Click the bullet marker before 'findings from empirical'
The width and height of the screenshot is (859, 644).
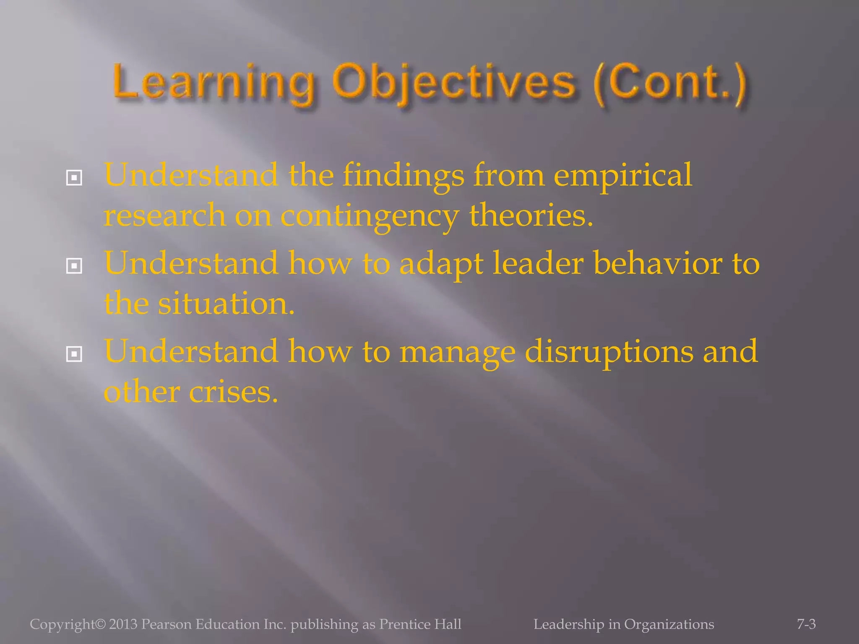click(74, 178)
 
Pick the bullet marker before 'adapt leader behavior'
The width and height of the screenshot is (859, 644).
click(74, 266)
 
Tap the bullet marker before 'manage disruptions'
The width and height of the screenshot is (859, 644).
click(74, 355)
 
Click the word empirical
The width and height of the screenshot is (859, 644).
click(622, 176)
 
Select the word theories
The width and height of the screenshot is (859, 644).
click(531, 216)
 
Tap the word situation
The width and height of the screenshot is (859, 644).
click(226, 304)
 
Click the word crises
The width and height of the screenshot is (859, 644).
click(233, 392)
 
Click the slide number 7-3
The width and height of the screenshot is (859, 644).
click(806, 624)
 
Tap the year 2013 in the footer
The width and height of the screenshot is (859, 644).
click(123, 624)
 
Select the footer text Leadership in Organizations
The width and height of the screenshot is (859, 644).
click(624, 624)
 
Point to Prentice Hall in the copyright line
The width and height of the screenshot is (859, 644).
click(420, 624)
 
